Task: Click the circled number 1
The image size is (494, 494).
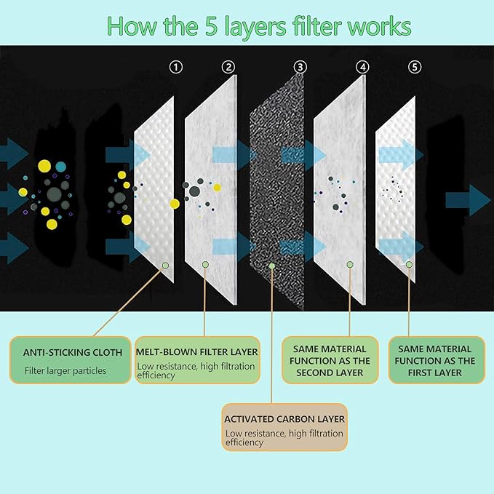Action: click(x=175, y=67)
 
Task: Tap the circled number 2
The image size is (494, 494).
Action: click(x=228, y=67)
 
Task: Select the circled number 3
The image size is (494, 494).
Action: click(x=300, y=67)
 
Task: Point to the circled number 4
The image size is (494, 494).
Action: click(x=362, y=67)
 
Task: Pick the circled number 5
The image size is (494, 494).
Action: click(x=415, y=67)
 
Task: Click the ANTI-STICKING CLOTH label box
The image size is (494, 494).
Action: click(x=71, y=360)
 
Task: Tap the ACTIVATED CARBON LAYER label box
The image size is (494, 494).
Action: click(x=284, y=426)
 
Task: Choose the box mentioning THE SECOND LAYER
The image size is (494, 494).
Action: click(x=330, y=360)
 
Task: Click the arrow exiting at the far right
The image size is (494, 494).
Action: click(x=479, y=200)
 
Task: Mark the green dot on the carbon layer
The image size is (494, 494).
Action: click(x=272, y=266)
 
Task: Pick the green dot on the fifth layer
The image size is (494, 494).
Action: click(x=410, y=264)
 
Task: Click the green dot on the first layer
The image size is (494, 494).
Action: click(x=167, y=266)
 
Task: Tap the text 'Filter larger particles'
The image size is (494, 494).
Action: click(x=65, y=370)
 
